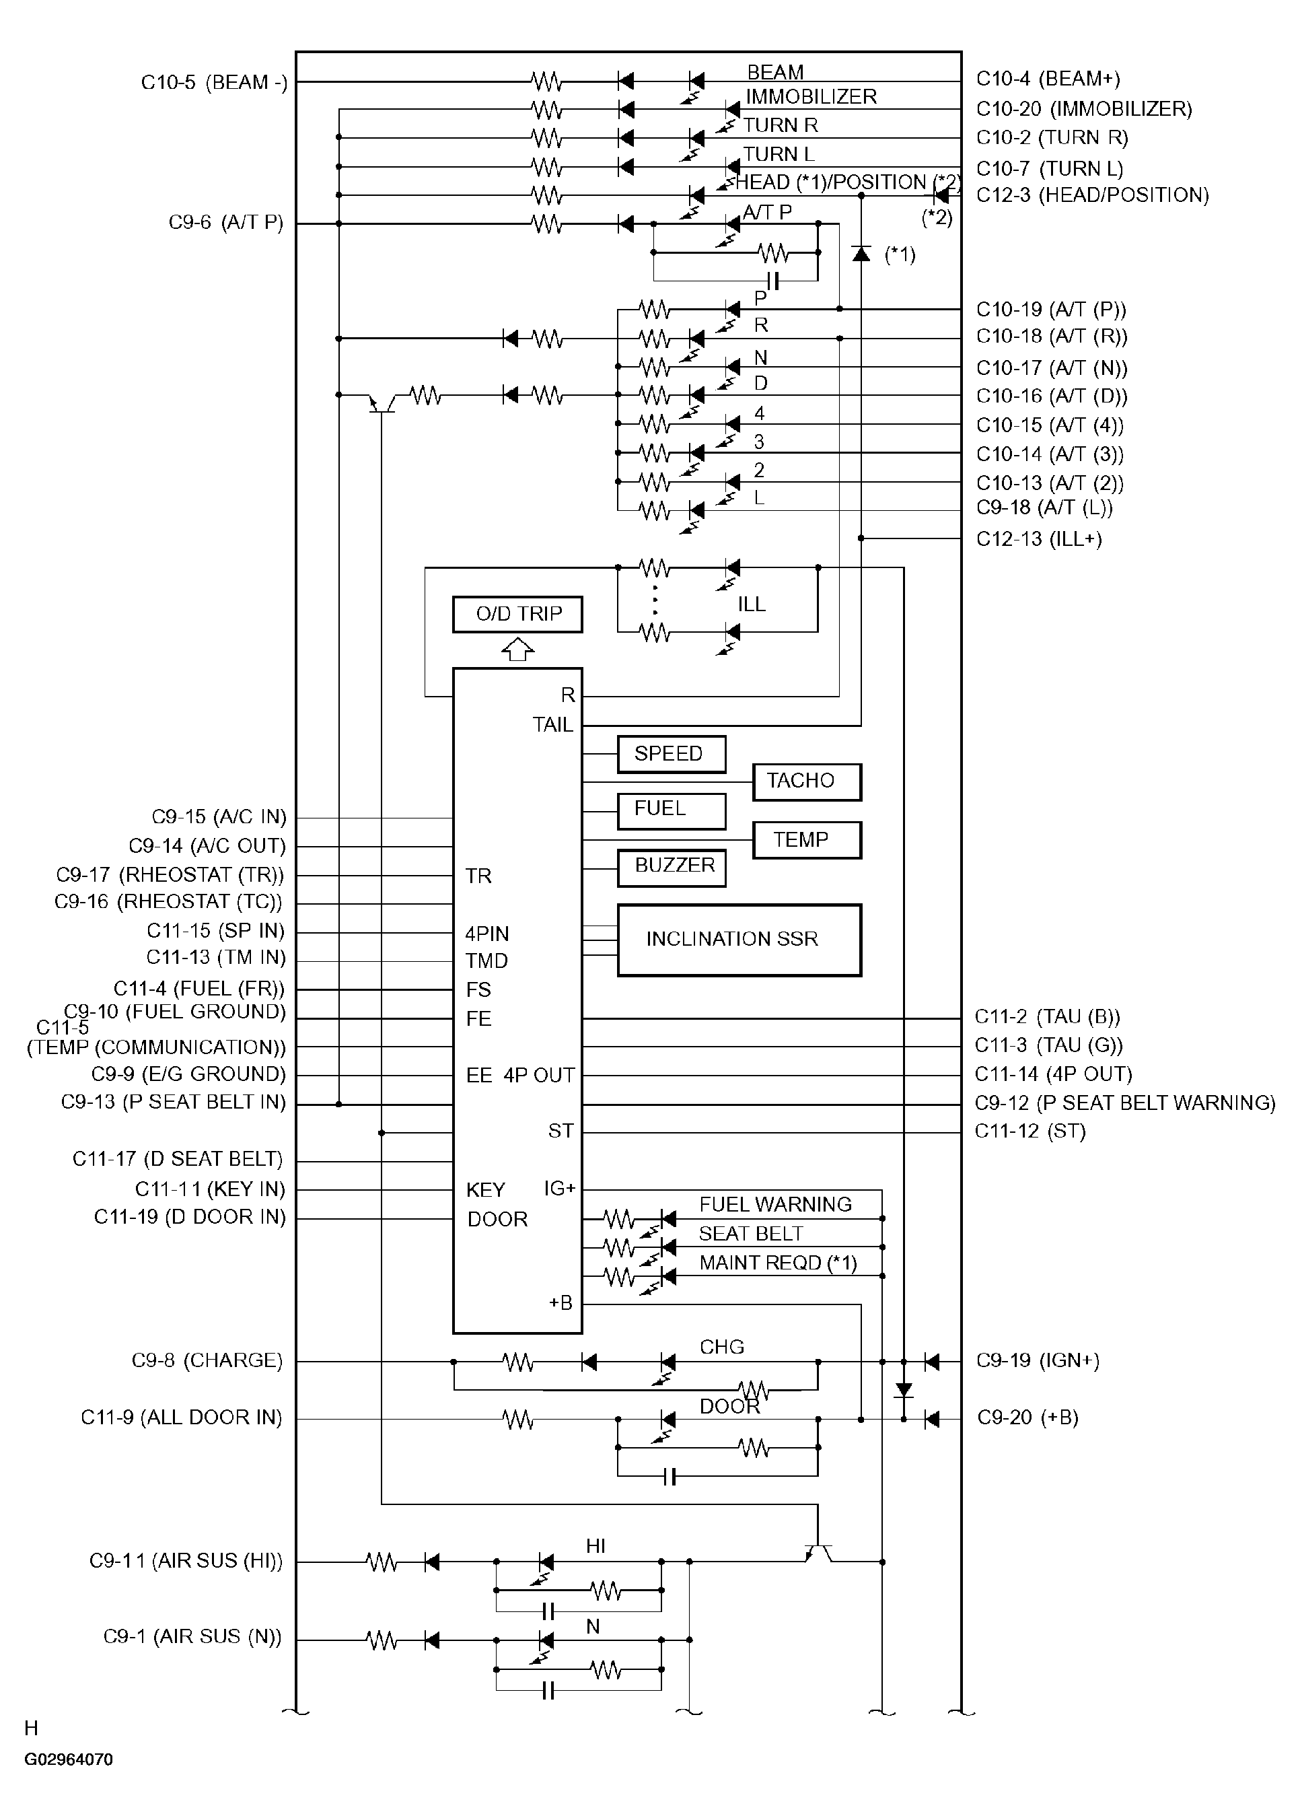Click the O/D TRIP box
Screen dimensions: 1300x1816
517,614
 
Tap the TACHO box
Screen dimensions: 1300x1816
807,781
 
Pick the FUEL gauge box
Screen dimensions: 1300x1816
672,811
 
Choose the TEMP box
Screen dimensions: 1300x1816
807,840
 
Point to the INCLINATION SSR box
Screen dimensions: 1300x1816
739,940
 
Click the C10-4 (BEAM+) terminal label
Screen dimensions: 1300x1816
1048,79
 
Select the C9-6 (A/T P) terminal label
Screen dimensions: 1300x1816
225,222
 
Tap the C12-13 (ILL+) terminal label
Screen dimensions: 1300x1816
1039,539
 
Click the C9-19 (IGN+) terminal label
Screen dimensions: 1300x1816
1038,1360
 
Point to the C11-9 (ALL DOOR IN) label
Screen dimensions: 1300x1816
182,1418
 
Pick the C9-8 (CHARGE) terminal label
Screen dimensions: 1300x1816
207,1360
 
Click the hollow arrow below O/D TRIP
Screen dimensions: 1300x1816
518,649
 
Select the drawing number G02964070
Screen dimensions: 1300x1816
69,1759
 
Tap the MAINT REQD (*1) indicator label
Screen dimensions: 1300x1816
778,1263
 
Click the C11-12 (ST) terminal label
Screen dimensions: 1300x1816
1030,1131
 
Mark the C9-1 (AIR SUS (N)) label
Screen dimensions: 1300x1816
193,1636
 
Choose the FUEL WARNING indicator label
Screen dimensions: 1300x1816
776,1204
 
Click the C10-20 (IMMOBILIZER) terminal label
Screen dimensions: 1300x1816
1084,108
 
